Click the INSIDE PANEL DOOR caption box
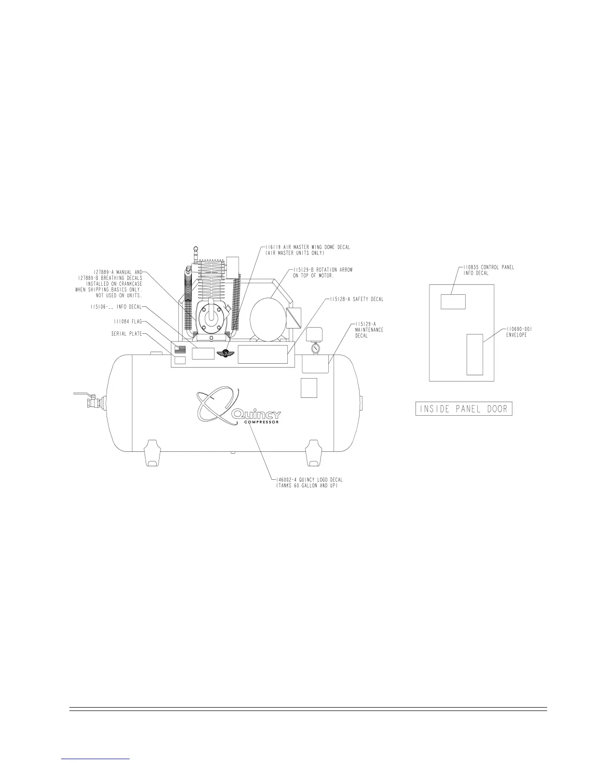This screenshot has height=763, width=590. [464, 409]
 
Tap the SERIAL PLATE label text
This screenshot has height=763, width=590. [123, 334]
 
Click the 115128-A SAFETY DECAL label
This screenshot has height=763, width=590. [357, 299]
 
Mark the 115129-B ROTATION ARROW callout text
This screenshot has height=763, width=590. [322, 272]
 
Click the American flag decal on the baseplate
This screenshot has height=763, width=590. [180, 349]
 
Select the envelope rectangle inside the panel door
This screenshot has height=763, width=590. [475, 354]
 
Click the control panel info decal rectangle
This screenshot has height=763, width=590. [453, 301]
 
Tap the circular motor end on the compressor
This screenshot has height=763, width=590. [268, 316]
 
